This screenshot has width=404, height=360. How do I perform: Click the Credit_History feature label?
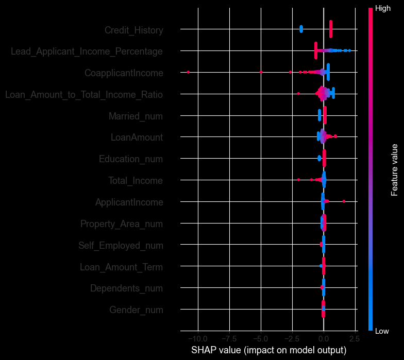[x=133, y=30]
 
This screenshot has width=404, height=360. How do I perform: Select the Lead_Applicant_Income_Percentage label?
[x=87, y=52]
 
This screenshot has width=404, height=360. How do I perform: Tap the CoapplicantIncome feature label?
[x=124, y=73]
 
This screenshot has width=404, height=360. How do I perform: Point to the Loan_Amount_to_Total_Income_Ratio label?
[x=84, y=95]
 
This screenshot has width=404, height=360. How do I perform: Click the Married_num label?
[x=136, y=116]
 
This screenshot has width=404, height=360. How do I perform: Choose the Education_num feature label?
[x=131, y=159]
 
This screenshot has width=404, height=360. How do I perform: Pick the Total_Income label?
[x=136, y=181]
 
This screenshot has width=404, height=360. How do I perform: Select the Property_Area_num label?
[x=122, y=224]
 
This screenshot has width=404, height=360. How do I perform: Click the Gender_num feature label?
[x=136, y=310]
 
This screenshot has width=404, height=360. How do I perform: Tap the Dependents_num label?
[x=126, y=288]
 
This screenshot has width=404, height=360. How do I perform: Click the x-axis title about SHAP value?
[x=268, y=350]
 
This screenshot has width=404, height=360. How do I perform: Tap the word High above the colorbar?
[x=383, y=9]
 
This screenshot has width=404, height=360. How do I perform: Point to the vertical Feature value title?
[x=395, y=170]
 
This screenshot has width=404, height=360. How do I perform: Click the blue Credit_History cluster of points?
[x=301, y=29]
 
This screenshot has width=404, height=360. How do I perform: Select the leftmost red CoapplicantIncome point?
[x=188, y=72]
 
